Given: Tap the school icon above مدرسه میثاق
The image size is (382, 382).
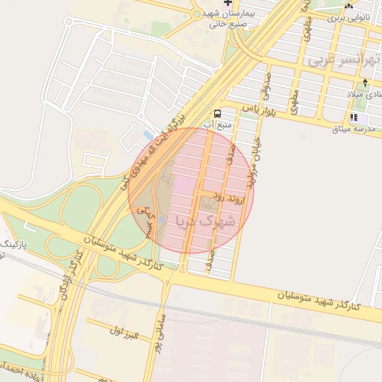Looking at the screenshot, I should [x=354, y=117].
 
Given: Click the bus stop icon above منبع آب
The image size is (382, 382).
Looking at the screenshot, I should [x=216, y=113].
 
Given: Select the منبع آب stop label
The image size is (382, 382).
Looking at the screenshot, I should [x=219, y=125].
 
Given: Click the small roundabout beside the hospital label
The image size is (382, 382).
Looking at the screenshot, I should [x=197, y=13].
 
